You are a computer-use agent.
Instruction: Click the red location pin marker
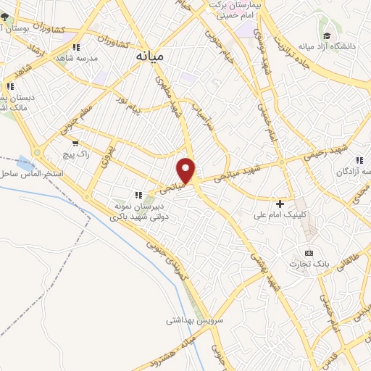186,170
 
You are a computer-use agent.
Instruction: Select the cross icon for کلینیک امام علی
280,204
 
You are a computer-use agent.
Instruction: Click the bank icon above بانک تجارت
309,252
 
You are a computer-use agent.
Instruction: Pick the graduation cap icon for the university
327,35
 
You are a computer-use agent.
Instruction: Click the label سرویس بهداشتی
196,320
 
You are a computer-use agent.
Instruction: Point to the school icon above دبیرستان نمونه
138,194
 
